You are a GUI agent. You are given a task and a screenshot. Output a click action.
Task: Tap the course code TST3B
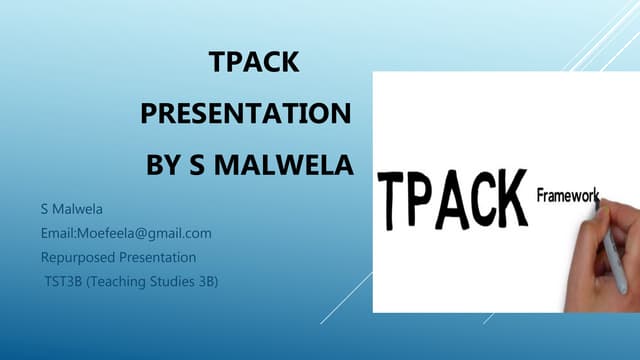point(63,280)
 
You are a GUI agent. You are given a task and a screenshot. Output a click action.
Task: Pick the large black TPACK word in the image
point(454,197)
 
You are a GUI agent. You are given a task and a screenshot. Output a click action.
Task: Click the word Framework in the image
point(567,195)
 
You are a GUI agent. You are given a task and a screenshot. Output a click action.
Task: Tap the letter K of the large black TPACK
point(510,195)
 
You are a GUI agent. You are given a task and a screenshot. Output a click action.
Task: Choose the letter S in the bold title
point(197,162)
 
